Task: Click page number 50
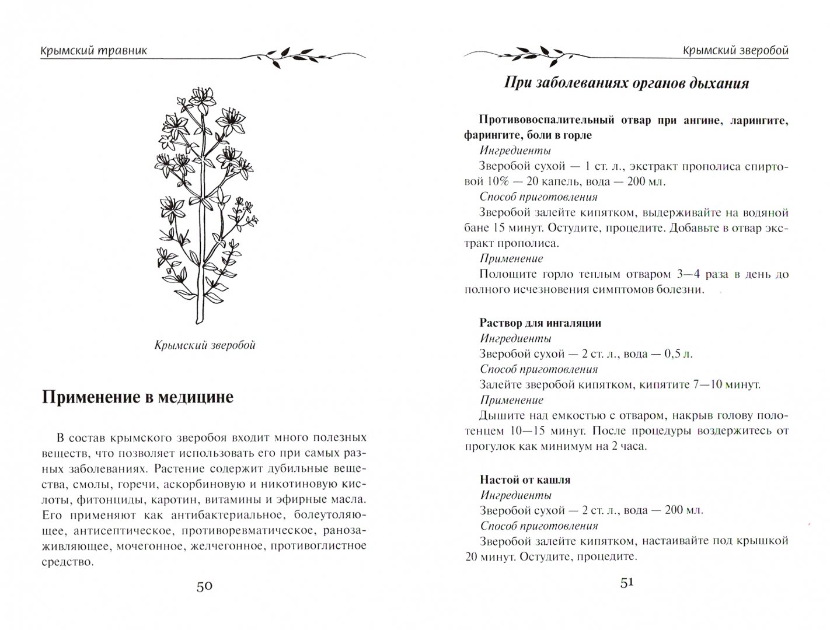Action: [204, 586]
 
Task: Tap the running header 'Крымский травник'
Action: [93, 50]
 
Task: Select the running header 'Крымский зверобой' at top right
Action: [735, 50]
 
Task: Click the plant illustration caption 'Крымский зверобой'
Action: [205, 345]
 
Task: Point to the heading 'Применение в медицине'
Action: [138, 397]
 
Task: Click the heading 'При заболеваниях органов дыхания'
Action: [626, 83]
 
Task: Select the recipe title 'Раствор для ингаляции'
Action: [540, 323]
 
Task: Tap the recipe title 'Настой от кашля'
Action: [525, 480]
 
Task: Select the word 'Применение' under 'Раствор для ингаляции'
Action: [512, 400]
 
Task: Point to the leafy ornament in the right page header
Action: [525, 54]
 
